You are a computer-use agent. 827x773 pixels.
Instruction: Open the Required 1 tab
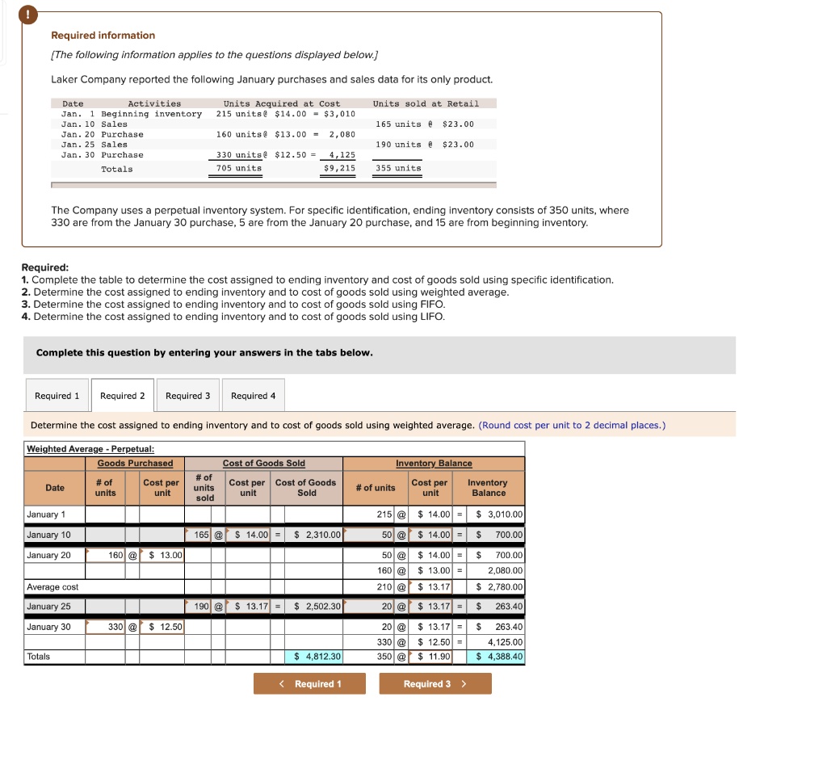[57, 396]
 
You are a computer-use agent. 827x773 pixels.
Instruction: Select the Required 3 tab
[187, 396]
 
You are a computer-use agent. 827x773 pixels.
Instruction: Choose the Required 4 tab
[253, 396]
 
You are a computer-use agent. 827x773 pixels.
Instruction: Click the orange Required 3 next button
[435, 684]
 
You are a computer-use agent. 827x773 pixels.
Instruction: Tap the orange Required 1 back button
[309, 684]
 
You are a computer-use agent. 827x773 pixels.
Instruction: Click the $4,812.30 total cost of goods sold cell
[313, 657]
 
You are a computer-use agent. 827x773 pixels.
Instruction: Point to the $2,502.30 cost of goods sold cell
[313, 607]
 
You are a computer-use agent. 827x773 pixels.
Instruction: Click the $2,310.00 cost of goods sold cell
[313, 535]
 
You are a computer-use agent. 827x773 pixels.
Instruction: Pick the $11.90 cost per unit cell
[433, 657]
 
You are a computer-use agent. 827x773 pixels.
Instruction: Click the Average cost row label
[53, 586]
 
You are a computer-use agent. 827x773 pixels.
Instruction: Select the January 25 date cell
[49, 607]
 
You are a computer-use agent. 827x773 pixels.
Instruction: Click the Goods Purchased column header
[135, 464]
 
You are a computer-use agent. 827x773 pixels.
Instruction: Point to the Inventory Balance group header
[434, 464]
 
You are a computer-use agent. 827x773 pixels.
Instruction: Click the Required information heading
[103, 36]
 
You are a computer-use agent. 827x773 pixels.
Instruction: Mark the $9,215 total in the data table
[339, 168]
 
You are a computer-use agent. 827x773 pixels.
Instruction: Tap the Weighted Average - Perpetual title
[90, 449]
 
